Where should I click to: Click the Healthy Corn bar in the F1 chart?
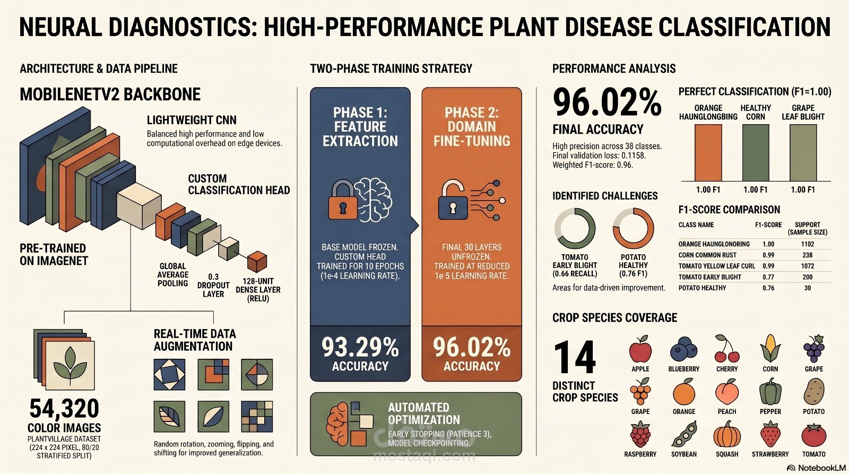756,153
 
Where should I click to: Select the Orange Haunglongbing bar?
708,153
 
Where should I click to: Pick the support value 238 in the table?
808,255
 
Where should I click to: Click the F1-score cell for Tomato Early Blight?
768,277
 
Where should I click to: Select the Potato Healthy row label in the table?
703,288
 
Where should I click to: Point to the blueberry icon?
684,349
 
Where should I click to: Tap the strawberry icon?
770,435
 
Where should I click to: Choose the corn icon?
770,348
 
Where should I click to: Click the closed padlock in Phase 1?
343,200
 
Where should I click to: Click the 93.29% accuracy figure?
360,348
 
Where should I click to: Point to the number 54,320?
64,409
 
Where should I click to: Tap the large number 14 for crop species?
575,357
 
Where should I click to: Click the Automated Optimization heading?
424,413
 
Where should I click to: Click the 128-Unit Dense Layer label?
258,290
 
